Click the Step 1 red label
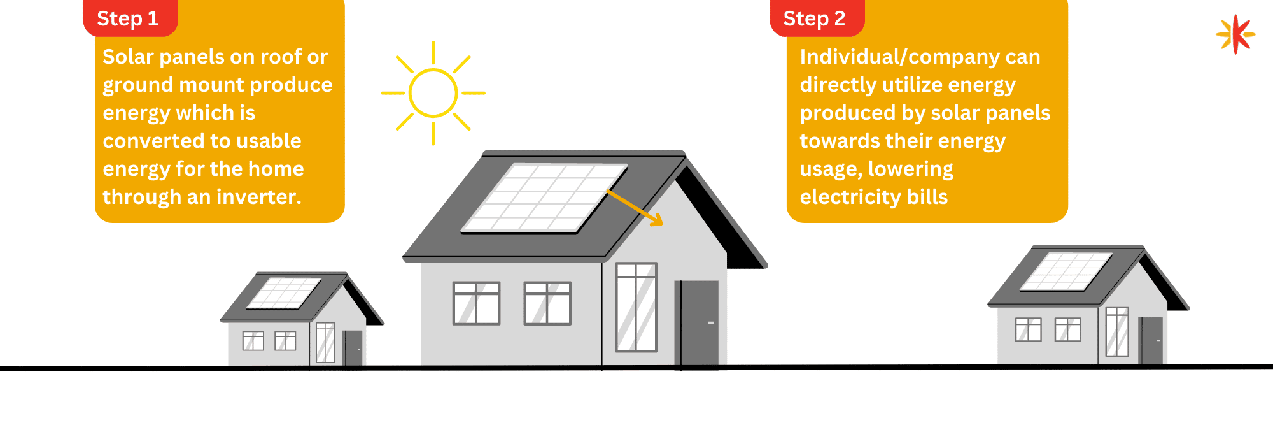(x=130, y=18)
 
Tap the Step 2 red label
(x=817, y=18)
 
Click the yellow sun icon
(x=433, y=93)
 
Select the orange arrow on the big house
(x=635, y=208)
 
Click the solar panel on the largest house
(x=544, y=198)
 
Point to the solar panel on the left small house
(x=284, y=293)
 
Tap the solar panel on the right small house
(x=1066, y=271)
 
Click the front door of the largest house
(x=697, y=325)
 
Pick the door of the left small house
(x=353, y=349)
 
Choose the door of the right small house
(x=1151, y=341)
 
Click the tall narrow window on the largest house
(x=636, y=307)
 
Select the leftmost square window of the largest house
(x=476, y=303)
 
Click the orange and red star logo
(x=1235, y=34)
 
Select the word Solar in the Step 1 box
(x=128, y=57)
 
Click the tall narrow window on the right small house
(x=1117, y=332)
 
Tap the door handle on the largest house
(x=711, y=323)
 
